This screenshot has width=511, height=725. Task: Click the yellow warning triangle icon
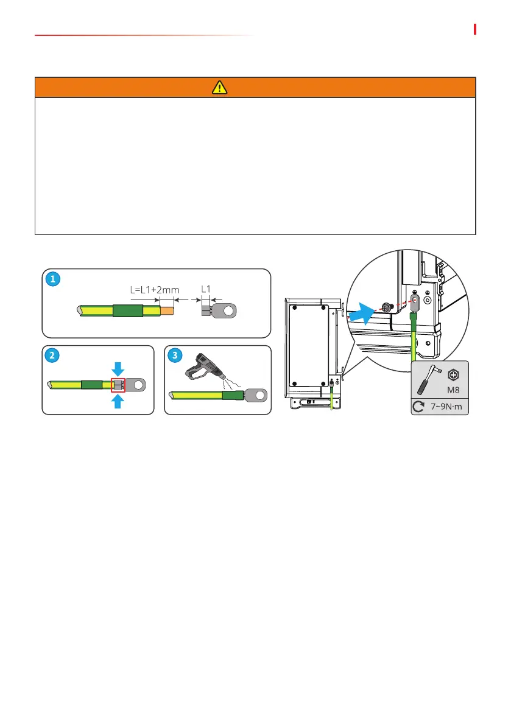(x=219, y=88)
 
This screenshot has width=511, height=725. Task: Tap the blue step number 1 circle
(x=53, y=279)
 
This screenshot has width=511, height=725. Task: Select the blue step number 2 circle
(x=53, y=355)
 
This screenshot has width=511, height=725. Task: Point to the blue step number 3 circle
(x=176, y=355)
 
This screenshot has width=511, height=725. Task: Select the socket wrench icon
(x=426, y=380)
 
